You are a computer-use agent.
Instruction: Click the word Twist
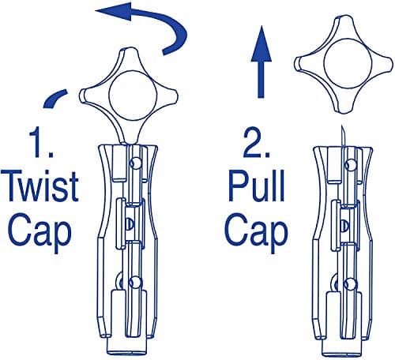pyautogui.click(x=40, y=186)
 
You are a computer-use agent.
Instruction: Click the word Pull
pyautogui.click(x=257, y=186)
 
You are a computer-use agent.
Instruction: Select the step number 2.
pyautogui.click(x=256, y=142)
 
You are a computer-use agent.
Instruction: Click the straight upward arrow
pyautogui.click(x=261, y=62)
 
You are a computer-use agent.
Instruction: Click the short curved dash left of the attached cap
pyautogui.click(x=55, y=98)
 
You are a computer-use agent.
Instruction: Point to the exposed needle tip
pyautogui.click(x=342, y=126)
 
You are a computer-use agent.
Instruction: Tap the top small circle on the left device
pyautogui.click(x=136, y=163)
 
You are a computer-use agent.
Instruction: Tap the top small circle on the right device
pyautogui.click(x=351, y=164)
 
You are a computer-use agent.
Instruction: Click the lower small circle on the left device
pyautogui.click(x=136, y=282)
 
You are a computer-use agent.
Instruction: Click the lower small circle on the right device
pyautogui.click(x=351, y=283)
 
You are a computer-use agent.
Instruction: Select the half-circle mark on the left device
pyautogui.click(x=129, y=223)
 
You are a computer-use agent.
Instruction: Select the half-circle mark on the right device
pyautogui.click(x=344, y=226)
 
